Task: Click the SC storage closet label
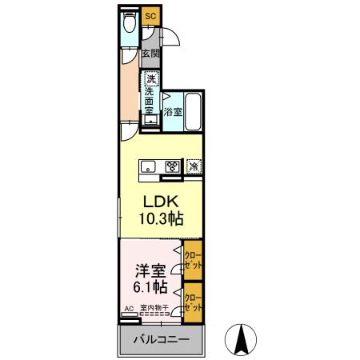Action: pyautogui.click(x=150, y=14)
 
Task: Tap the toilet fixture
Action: pyautogui.click(x=129, y=24)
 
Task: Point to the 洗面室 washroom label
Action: pyautogui.click(x=150, y=102)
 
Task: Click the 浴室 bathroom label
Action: pyautogui.click(x=173, y=113)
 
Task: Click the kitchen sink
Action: pyautogui.click(x=150, y=166)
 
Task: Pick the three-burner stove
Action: pyautogui.click(x=171, y=166)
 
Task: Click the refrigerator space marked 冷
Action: pyautogui.click(x=194, y=166)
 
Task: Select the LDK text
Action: pyautogui.click(x=160, y=200)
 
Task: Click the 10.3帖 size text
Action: pyautogui.click(x=160, y=217)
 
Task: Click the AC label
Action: pyautogui.click(x=128, y=307)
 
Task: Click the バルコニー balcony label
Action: pyautogui.click(x=161, y=340)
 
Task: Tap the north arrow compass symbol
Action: pyautogui.click(x=239, y=339)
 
